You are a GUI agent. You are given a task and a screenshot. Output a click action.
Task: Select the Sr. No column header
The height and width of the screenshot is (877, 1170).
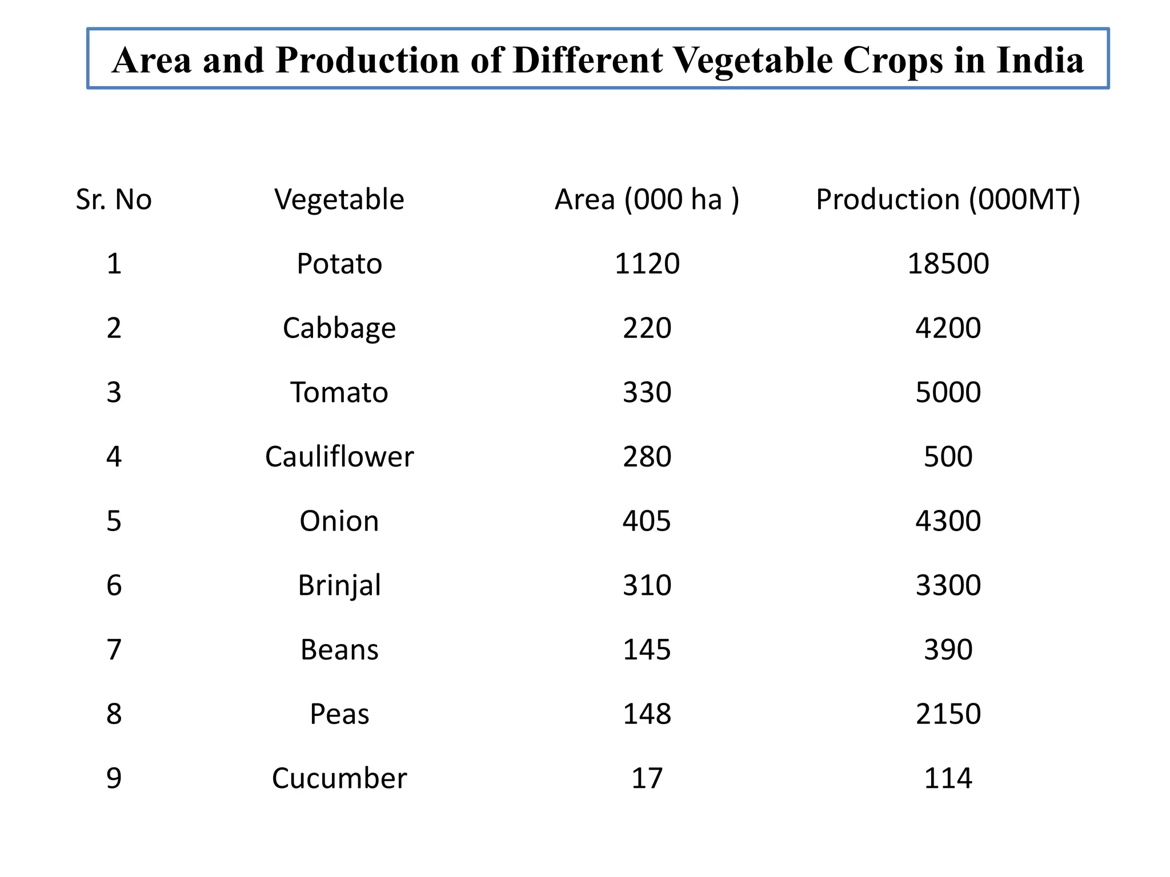114,200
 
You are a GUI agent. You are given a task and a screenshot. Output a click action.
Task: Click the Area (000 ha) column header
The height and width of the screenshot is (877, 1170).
647,200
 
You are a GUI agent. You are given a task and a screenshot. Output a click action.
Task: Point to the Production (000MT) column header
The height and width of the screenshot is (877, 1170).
948,200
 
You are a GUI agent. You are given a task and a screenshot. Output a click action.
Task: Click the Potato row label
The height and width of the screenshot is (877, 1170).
339,264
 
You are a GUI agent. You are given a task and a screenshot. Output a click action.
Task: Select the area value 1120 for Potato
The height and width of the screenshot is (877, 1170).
647,264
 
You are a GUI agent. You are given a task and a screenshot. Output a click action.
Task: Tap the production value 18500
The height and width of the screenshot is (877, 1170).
948,264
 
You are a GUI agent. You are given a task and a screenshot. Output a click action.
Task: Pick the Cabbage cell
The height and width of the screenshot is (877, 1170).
339,328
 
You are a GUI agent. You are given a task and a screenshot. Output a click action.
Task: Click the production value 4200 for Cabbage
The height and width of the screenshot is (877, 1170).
948,328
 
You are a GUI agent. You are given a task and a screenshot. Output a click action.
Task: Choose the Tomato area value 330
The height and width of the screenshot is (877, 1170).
647,393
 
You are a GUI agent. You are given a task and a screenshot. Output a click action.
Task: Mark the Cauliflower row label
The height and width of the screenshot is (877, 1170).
339,457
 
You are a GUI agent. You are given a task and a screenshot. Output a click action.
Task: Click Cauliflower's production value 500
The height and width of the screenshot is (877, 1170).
948,457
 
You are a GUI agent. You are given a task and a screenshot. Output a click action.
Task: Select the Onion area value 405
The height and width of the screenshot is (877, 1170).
647,521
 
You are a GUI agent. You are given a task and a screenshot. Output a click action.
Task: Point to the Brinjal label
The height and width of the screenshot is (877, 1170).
339,586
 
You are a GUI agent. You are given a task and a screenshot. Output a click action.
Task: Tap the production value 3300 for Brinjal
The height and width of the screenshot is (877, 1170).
948,586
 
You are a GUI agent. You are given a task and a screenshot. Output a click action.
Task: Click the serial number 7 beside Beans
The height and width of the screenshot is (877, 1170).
114,650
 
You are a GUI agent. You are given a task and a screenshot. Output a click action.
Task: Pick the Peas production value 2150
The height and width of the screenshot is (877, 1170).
948,714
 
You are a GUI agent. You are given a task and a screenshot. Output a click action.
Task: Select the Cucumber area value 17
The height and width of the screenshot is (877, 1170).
647,779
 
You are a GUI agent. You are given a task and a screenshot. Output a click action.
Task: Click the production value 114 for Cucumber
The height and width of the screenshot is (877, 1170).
948,779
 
